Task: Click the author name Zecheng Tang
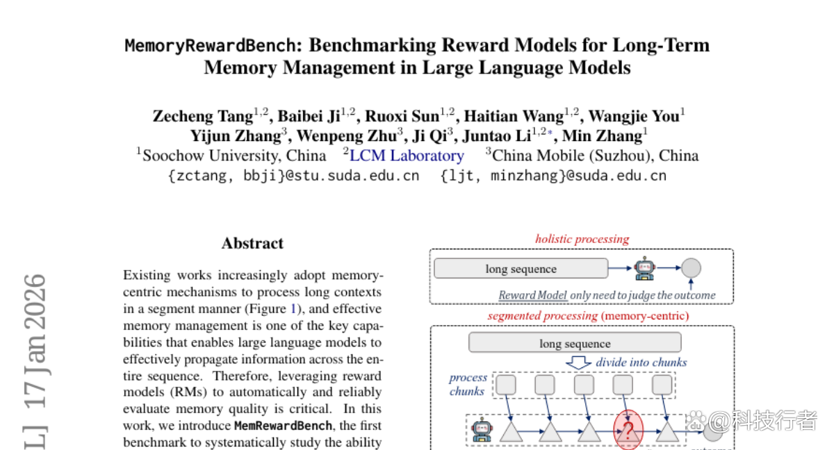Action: (203, 116)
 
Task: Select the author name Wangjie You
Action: (634, 116)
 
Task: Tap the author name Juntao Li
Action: (497, 135)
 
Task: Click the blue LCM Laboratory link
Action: (407, 156)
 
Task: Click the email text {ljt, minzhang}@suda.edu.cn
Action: (553, 176)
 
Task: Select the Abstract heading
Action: (252, 243)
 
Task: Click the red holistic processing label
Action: (582, 239)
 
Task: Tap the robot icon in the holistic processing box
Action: (644, 268)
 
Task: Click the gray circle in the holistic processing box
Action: (691, 268)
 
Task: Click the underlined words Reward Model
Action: (533, 295)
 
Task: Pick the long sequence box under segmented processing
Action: (575, 342)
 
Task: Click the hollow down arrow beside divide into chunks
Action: (578, 362)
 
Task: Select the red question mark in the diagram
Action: (628, 431)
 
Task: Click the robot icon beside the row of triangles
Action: (482, 430)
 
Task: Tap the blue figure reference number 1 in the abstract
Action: (293, 308)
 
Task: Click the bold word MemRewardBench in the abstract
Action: (283, 426)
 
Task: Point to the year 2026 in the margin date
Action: (35, 302)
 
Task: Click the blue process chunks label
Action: (468, 384)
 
